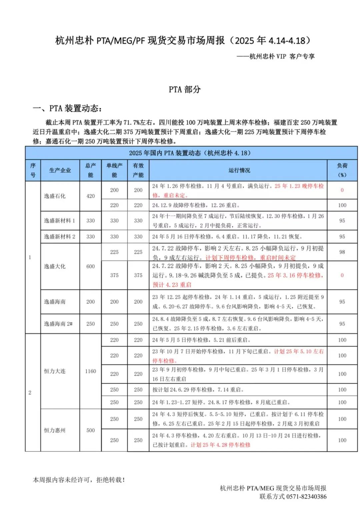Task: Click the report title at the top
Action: point(183,41)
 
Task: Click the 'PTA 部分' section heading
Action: point(184,89)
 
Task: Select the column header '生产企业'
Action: point(60,170)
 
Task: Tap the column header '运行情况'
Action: point(239,170)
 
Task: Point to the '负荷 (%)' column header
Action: point(342,170)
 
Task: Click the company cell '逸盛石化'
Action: point(55,196)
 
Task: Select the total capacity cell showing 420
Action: point(91,196)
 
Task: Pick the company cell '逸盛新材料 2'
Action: point(60,236)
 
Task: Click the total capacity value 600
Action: point(91,267)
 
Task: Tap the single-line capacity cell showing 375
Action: point(114,275)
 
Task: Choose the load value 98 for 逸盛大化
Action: point(342,252)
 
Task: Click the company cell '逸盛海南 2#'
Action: point(58,324)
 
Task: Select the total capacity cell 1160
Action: point(91,371)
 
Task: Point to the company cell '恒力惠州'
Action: point(55,430)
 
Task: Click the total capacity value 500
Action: point(91,430)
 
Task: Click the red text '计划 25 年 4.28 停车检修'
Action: point(220,445)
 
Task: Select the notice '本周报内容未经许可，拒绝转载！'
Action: point(79,480)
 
